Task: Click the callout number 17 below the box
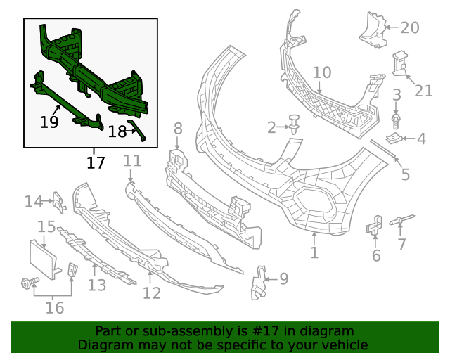point(96,163)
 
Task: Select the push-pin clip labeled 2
point(294,124)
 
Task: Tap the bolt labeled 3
point(396,121)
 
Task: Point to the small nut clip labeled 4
point(393,139)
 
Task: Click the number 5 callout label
point(405,174)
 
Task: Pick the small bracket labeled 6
point(375,224)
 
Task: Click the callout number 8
point(178,129)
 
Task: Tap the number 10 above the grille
point(322,72)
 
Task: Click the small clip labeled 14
point(59,202)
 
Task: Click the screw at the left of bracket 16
point(30,283)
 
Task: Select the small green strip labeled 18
point(137,131)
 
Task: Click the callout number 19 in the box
point(49,122)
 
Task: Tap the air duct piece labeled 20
point(373,30)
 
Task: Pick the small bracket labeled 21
point(400,63)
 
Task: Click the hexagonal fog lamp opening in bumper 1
point(315,202)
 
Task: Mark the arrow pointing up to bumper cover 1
point(314,238)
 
